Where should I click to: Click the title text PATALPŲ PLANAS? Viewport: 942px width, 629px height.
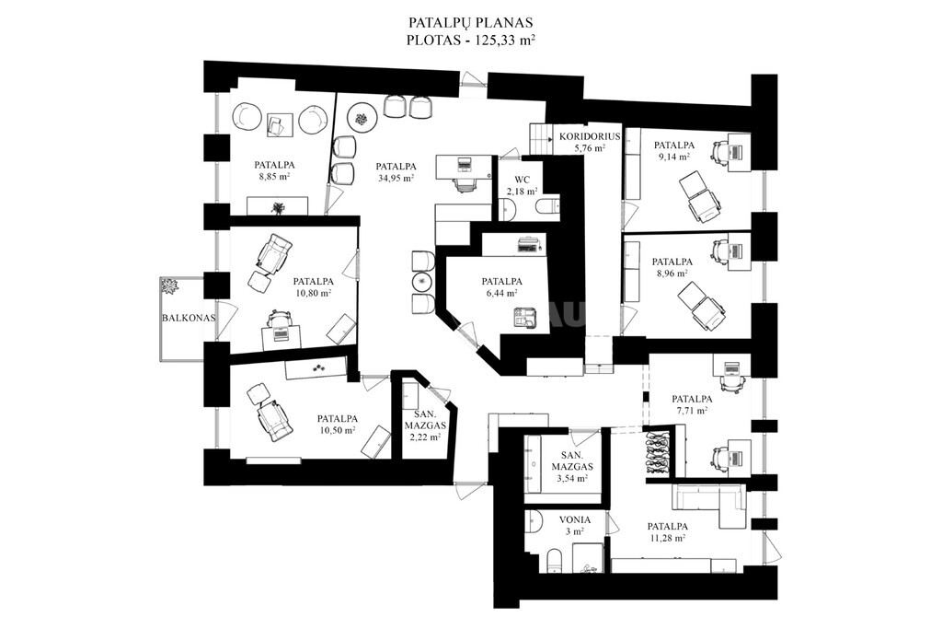(x=471, y=23)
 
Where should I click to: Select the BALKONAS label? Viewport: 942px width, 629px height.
(x=189, y=318)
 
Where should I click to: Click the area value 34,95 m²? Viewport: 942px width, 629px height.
(x=396, y=178)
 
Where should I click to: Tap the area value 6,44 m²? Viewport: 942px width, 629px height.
(x=501, y=293)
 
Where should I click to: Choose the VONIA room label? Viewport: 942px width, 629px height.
(x=576, y=520)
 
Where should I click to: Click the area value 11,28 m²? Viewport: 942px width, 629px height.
(x=668, y=538)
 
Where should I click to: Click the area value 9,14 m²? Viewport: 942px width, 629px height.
(x=673, y=157)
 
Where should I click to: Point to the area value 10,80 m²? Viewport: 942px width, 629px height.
(x=313, y=293)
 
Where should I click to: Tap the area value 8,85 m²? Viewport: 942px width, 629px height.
(x=274, y=176)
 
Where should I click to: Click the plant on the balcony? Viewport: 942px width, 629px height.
(x=169, y=286)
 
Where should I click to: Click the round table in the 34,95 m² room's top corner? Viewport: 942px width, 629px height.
(x=362, y=119)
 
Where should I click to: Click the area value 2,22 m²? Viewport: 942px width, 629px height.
(x=425, y=437)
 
